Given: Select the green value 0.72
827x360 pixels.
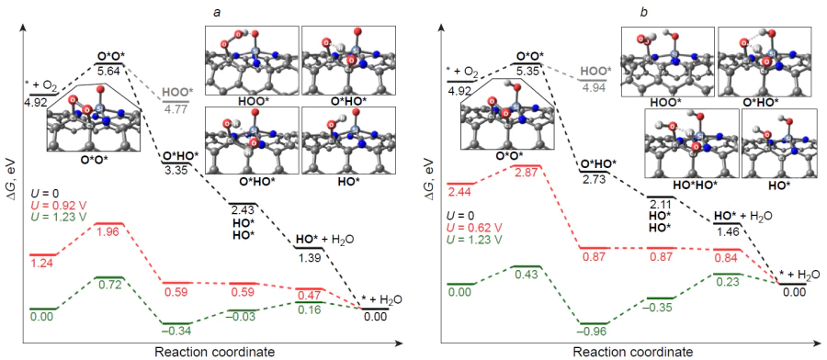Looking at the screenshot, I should pyautogui.click(x=109, y=287).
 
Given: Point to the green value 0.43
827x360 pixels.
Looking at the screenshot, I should pyautogui.click(x=528, y=276).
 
